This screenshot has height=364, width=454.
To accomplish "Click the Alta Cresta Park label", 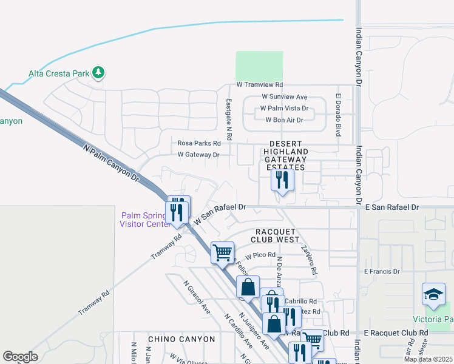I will coord(58,74).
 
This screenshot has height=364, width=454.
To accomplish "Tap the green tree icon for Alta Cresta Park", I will coord(98,73).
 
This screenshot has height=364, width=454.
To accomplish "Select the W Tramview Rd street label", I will coord(260,85).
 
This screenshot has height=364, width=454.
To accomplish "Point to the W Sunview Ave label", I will coord(285,97).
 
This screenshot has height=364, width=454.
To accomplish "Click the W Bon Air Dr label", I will coord(284,120).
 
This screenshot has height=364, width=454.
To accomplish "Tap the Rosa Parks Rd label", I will coord(198,143).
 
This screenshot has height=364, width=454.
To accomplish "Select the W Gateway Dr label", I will coord(198,155).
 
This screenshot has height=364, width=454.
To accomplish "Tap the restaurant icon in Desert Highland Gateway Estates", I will coord(282,180).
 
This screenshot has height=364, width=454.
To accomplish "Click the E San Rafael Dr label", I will coord(391,207).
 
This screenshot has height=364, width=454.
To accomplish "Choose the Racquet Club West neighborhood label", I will coord(277,235).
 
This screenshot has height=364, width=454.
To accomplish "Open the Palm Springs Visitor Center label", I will coord(146,219).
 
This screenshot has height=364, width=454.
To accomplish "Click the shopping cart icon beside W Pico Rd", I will coord(222,251).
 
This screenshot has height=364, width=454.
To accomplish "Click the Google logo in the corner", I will coord(19,357).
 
